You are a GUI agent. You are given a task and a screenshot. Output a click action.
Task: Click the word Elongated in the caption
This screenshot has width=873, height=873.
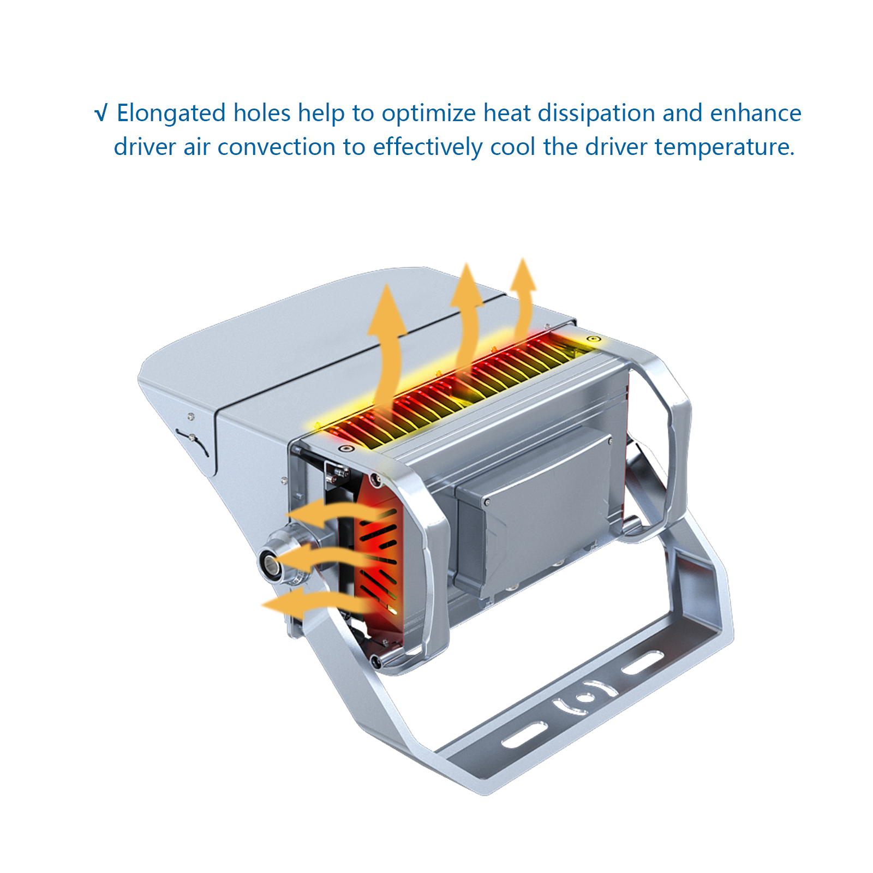pyautogui.click(x=171, y=113)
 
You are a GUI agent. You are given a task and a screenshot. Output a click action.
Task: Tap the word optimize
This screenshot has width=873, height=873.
pyautogui.click(x=429, y=113)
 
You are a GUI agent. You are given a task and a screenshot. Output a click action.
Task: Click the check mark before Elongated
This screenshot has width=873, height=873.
pyautogui.click(x=100, y=113)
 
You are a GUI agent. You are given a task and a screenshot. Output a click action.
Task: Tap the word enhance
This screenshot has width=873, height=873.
pyautogui.click(x=755, y=113)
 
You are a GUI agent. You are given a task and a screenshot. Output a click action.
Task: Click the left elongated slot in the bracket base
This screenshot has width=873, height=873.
pyautogui.click(x=524, y=735)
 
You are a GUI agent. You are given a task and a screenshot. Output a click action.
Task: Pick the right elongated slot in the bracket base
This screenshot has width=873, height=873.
pyautogui.click(x=643, y=662)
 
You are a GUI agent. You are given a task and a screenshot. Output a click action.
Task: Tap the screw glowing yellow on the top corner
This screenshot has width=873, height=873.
pyautogui.click(x=593, y=339)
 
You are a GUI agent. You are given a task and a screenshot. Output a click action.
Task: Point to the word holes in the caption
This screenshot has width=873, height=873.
pyautogui.click(x=262, y=113)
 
